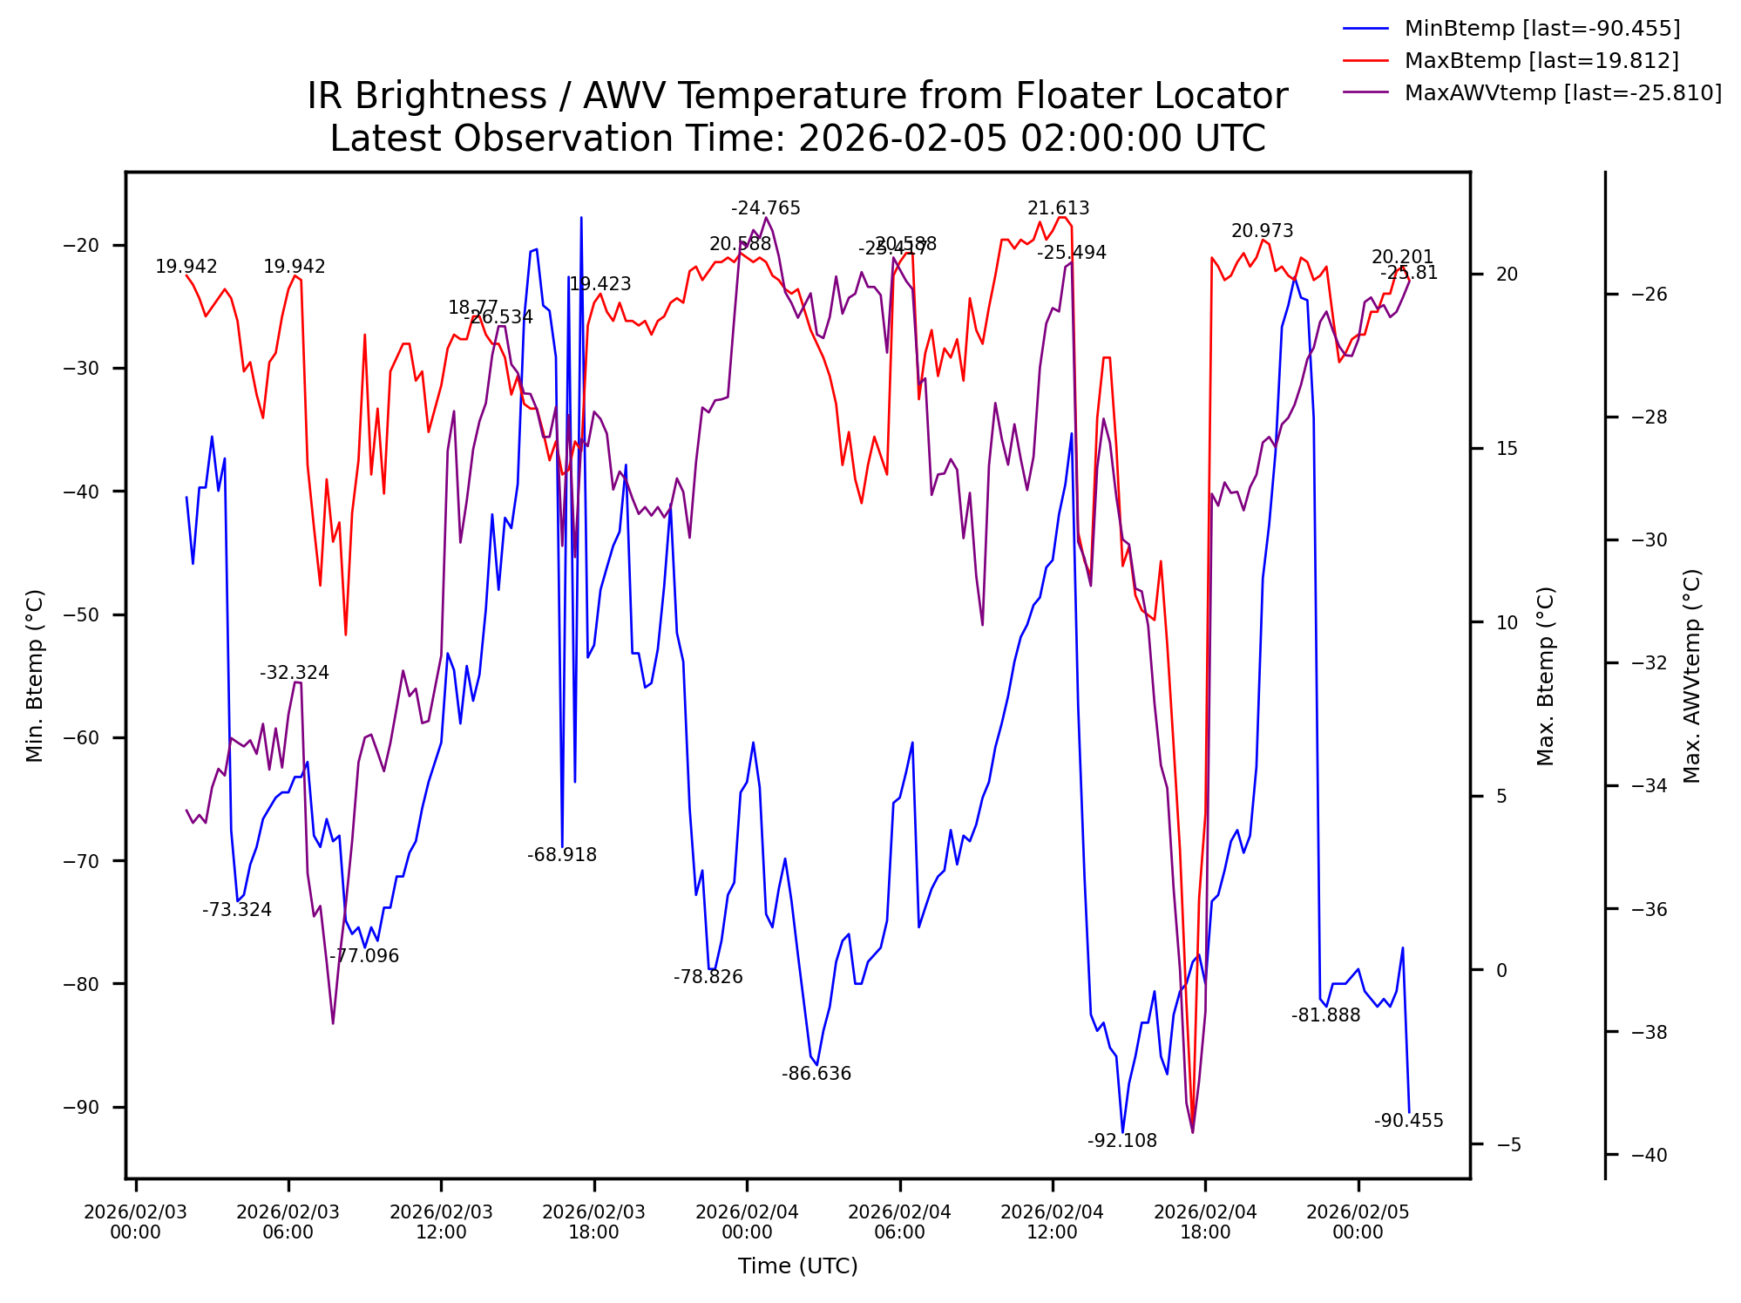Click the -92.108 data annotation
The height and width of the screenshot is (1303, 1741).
1121,1141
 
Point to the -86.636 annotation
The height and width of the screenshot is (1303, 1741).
816,1074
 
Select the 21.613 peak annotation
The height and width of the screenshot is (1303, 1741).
1058,208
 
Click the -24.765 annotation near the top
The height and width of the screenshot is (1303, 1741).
765,208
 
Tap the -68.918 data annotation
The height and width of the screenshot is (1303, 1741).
561,855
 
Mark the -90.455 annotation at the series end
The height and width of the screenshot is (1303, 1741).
1408,1121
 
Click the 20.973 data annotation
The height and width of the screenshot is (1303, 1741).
1262,231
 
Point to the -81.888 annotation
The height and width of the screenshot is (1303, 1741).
1325,1015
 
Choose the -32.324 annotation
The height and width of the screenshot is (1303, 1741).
294,673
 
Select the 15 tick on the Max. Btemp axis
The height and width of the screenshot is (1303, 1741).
1507,449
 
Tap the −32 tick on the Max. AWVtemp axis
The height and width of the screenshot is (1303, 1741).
1648,663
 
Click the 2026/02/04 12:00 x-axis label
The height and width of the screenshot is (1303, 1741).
1052,1222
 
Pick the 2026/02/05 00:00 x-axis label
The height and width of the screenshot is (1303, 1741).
1358,1222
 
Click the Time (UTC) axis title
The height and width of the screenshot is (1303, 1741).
797,1266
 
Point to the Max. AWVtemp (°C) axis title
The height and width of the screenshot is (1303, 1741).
1691,676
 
